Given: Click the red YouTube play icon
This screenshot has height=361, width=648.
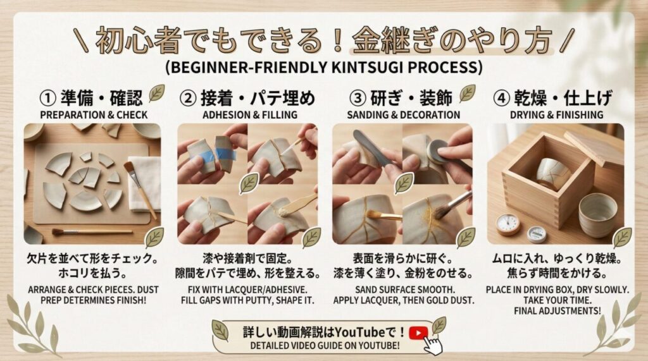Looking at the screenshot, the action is coord(418,333).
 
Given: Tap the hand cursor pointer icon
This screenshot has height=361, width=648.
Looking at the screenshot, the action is coord(432,345).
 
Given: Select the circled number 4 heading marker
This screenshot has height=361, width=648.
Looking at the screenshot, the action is coord(502,98).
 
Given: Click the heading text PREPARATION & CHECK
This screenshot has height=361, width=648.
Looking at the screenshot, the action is coord(94,115).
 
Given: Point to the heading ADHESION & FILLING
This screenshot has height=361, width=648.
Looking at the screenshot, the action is coord(249,115).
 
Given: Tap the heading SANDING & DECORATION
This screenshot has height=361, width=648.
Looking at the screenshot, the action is coord(403,115).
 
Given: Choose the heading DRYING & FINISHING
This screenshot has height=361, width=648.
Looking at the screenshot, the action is coord(556,115).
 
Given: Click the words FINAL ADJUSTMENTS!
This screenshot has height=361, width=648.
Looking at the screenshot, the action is coord(557,310).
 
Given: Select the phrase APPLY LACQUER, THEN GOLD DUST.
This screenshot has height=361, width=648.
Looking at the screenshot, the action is coord(403,300).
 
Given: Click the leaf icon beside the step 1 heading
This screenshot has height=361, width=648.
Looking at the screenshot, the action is coord(157,93).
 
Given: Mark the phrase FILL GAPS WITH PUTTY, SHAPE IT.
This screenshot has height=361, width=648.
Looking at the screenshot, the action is coord(247,300).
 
